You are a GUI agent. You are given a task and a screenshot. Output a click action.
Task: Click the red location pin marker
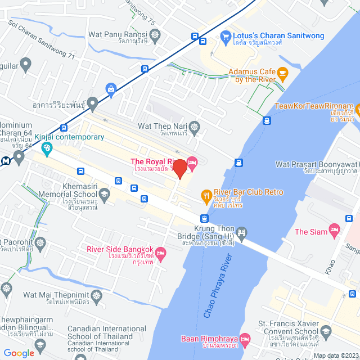pos(179,169)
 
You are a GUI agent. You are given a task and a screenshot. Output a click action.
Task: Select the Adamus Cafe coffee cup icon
pos(282,73)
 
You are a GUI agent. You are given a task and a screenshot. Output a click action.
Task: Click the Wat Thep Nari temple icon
pos(195,126)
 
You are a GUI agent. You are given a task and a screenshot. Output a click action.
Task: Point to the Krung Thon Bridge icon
pos(242,232)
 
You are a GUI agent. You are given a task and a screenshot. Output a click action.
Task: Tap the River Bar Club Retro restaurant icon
pos(205,196)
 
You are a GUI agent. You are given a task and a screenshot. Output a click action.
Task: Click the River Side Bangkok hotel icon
pos(160,254)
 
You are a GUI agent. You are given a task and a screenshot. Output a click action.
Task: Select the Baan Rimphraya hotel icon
pos(244,339)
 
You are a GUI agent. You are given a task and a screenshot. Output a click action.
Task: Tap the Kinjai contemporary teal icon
pos(47,148)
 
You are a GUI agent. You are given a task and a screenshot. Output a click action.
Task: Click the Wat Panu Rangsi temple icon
pos(155,35)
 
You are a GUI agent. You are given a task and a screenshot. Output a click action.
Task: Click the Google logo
pos(19,353)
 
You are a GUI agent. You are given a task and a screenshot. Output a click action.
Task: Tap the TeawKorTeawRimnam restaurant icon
pos(358,107)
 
